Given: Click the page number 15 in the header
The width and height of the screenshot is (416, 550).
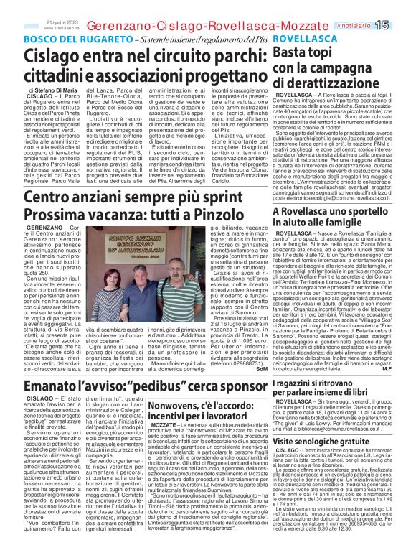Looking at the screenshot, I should [401, 25].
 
